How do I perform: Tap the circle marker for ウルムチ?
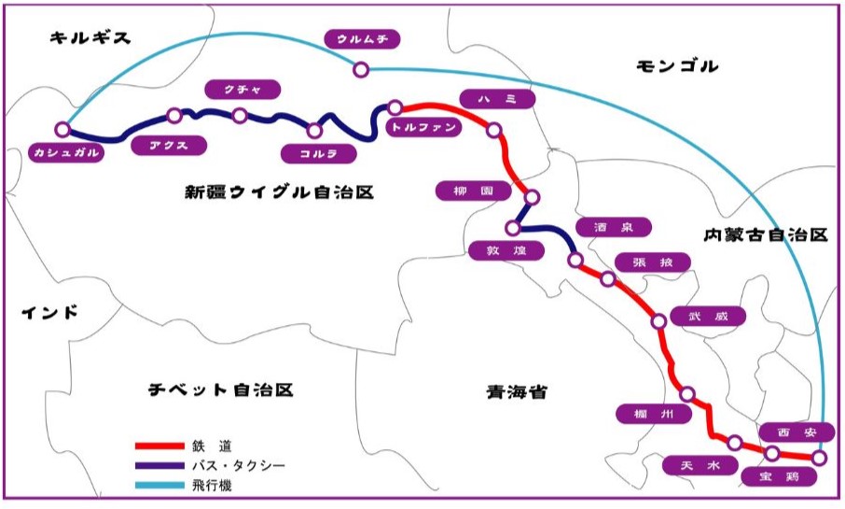360,69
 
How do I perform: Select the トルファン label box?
424,128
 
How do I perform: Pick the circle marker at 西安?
819,458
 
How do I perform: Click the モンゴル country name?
677,66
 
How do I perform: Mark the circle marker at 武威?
658,321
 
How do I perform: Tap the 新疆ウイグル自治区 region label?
279,193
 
